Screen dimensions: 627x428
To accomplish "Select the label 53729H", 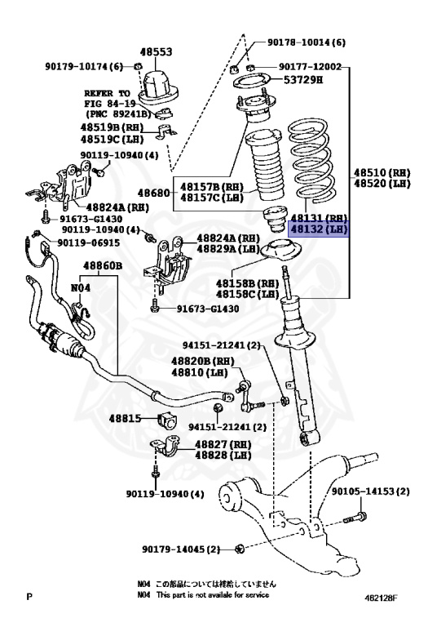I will (x=304, y=80).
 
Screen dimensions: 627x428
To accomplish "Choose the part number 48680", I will (x=154, y=193).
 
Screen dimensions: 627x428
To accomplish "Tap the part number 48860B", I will (x=102, y=266).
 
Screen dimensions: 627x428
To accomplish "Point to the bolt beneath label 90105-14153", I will (x=352, y=518).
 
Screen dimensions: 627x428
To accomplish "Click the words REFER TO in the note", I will (x=105, y=93).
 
